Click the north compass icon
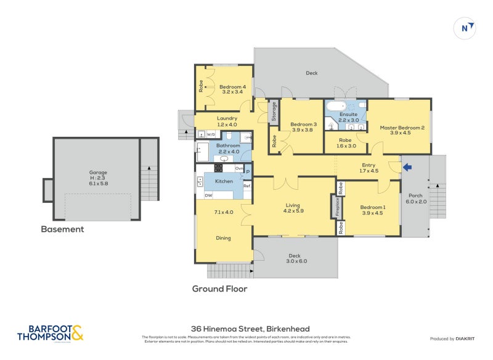point(467,28)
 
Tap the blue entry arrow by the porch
point(406,166)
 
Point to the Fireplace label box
point(337,207)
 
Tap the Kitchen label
point(224,181)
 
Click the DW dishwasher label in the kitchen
point(209,195)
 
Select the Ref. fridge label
point(247,186)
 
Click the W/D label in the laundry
point(211,134)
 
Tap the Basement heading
point(62,229)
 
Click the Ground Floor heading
point(219,288)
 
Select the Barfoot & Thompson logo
point(49,333)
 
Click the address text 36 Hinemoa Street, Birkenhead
point(249,329)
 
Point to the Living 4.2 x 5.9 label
point(294,208)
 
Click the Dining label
point(224,237)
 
